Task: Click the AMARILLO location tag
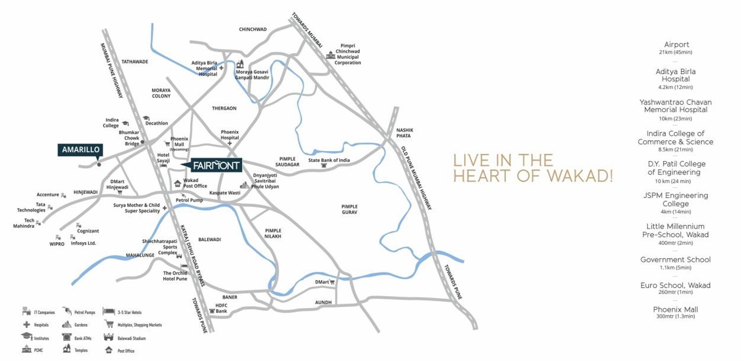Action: click(81, 150)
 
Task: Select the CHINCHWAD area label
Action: click(253, 29)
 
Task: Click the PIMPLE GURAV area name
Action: click(349, 209)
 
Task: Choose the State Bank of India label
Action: click(329, 160)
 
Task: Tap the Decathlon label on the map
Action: click(157, 123)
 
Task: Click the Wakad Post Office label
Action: click(195, 183)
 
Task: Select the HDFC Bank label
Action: click(221, 308)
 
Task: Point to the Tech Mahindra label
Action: click(23, 223)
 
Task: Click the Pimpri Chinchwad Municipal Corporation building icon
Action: click(330, 54)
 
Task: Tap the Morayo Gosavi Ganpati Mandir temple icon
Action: click(241, 64)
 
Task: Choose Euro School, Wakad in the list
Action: click(675, 285)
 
